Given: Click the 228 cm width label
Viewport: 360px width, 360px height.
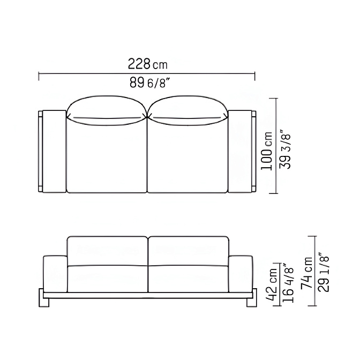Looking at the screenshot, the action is [148, 64].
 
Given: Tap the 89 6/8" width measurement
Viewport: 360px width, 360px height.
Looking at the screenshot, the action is [150, 82].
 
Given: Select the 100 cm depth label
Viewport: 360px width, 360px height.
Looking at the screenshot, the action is [267, 151].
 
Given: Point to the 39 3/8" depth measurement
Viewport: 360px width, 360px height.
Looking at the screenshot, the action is [285, 151].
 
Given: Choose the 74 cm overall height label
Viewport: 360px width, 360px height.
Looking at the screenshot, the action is [306, 273].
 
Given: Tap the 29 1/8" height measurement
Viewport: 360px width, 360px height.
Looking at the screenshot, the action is [323, 272].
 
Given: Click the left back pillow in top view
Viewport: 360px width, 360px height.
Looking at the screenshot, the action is [107, 111].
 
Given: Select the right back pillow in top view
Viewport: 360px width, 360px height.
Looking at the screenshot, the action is [188, 111].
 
